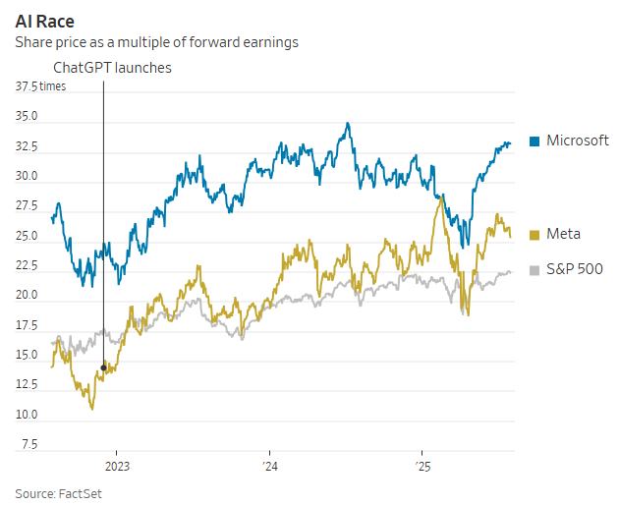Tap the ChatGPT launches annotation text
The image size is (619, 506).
coord(111,68)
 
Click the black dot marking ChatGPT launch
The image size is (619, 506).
coord(103,367)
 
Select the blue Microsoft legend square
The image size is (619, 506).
coord(535,141)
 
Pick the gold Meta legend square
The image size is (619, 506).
coord(535,234)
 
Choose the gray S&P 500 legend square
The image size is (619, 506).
coord(535,269)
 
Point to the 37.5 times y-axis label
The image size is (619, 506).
coord(40,87)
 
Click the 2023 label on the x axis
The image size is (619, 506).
coord(117,467)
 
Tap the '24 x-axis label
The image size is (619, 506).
coord(269,467)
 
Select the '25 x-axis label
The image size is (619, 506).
coord(422,467)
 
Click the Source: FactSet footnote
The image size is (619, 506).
coord(58,492)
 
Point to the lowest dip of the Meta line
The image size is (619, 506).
coord(92,408)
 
